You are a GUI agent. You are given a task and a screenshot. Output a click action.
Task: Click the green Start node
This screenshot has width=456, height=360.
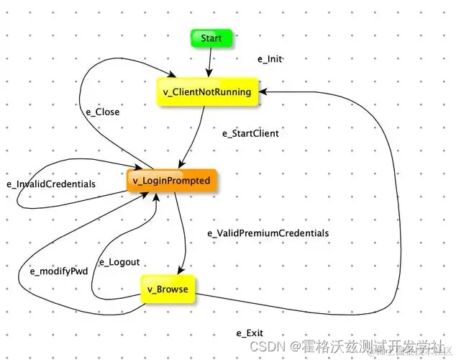click(x=211, y=38)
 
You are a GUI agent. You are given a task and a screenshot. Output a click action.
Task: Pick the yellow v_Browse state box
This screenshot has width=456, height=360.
click(x=167, y=289)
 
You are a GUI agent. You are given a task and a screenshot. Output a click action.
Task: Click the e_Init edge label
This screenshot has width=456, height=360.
click(x=270, y=59)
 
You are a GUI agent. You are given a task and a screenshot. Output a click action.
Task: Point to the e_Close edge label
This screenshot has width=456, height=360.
click(x=102, y=112)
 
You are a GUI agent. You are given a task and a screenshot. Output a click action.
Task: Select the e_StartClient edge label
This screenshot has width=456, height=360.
click(x=250, y=133)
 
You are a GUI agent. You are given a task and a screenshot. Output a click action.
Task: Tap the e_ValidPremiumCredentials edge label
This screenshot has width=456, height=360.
click(x=268, y=233)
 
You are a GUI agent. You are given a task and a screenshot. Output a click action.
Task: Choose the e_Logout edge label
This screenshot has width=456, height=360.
click(x=119, y=262)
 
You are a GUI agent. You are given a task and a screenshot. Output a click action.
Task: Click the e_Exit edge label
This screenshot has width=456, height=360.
click(x=250, y=333)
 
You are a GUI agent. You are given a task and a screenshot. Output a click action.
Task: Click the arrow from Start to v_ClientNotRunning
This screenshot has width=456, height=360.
click(x=209, y=61)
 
